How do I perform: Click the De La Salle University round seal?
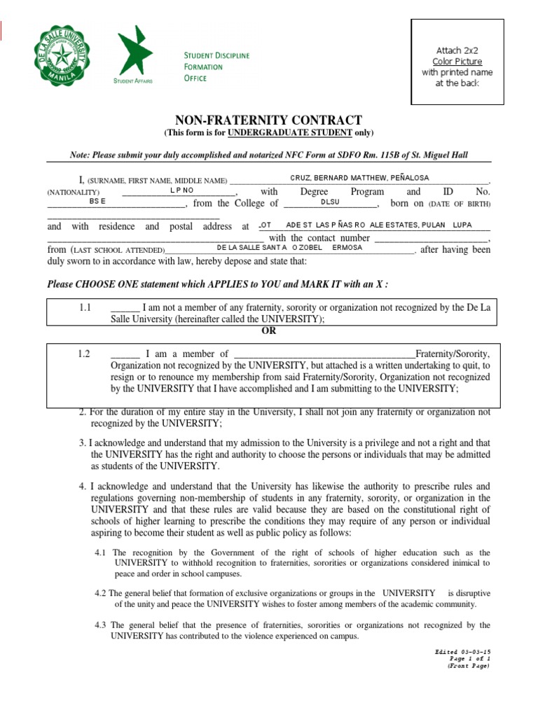click(61, 57)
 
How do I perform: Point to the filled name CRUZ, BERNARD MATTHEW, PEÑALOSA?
click(359, 179)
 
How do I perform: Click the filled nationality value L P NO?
click(181, 190)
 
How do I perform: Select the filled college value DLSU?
click(329, 202)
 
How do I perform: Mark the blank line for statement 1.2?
click(125, 354)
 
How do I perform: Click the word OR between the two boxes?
click(268, 331)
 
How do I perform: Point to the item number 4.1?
click(102, 552)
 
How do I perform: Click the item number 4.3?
click(102, 625)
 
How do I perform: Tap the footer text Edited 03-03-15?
click(462, 652)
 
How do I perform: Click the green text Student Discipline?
click(216, 55)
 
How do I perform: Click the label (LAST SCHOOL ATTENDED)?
click(117, 250)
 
